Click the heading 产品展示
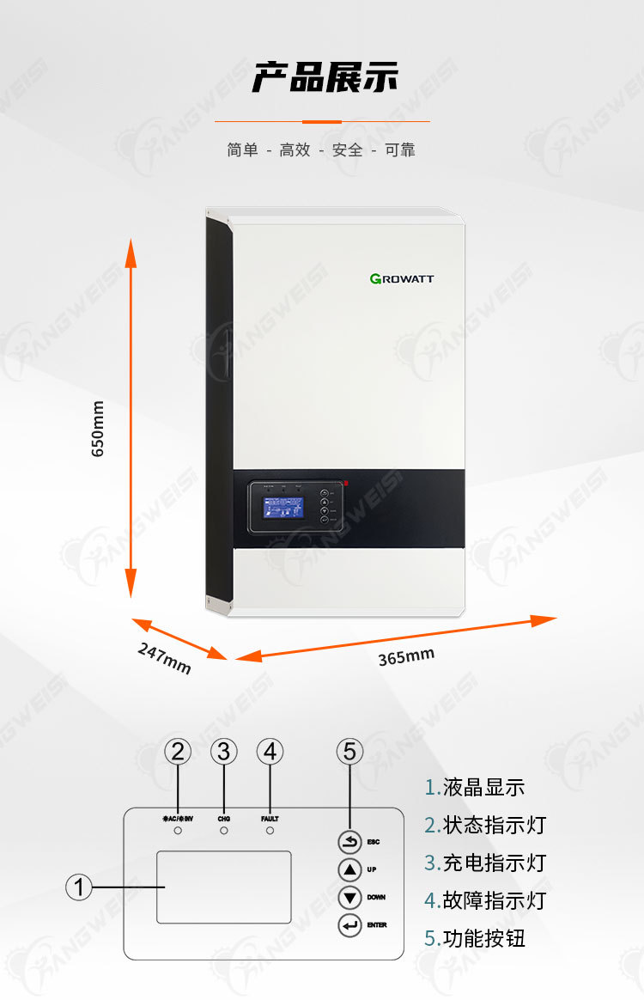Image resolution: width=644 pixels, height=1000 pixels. (325, 77)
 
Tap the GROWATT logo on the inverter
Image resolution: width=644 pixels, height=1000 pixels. (402, 278)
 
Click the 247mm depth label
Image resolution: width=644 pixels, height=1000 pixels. (164, 658)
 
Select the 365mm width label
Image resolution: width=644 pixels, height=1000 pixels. (406, 657)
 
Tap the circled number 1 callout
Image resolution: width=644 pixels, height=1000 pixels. (79, 887)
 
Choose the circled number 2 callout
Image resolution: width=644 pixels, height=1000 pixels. (178, 752)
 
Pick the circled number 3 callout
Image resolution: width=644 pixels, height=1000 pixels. (224, 752)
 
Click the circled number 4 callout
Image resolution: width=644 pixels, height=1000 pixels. (270, 752)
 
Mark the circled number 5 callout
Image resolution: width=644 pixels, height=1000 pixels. (349, 752)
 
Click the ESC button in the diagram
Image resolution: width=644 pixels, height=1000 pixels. (350, 843)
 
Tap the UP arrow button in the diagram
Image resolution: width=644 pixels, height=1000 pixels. (350, 869)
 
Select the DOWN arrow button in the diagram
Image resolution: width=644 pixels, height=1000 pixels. (350, 898)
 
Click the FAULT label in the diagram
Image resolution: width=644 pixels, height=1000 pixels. (270, 819)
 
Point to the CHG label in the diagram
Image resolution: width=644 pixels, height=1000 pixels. (224, 819)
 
